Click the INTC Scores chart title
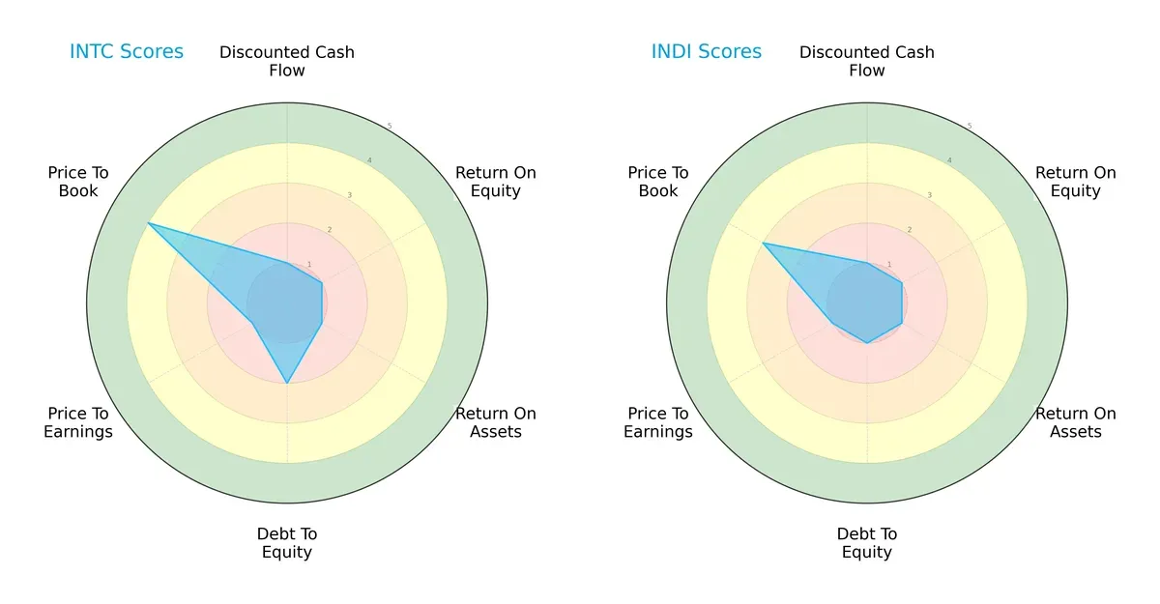point(126,52)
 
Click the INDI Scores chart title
point(706,52)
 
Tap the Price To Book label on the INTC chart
point(78,182)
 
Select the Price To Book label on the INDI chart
point(658,182)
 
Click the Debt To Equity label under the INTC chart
point(287,543)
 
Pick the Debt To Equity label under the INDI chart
point(867,543)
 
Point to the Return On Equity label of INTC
point(496,182)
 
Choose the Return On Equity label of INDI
point(1076,182)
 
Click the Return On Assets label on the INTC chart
point(496,422)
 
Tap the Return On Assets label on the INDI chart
point(1076,422)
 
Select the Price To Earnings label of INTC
point(78,422)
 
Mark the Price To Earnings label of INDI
point(658,422)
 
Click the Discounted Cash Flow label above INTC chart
point(287,61)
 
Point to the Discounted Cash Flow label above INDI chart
point(867,61)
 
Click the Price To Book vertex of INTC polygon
point(148,223)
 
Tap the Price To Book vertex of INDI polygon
point(763,244)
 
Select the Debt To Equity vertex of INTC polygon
point(287,384)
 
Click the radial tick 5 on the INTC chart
point(390,127)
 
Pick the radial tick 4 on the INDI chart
point(949,160)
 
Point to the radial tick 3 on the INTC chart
point(350,195)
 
